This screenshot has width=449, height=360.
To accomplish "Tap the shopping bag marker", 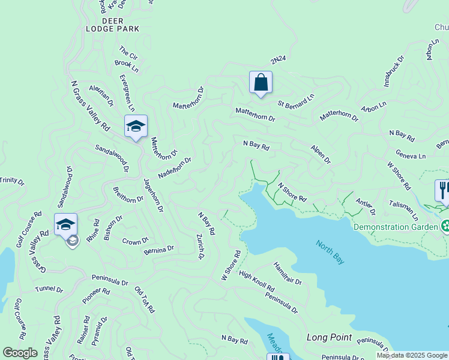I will [261, 83].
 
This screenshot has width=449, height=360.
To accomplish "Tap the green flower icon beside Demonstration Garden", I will [445, 227].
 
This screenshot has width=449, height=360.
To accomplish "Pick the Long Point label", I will [329, 337].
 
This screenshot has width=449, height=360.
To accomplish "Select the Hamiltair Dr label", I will [288, 273].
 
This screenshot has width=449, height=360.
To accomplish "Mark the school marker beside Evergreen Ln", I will [136, 127].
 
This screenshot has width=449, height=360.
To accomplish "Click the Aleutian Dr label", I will [101, 94].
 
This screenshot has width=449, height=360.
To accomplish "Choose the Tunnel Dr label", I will [49, 289].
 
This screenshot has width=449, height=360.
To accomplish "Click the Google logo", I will [20, 353].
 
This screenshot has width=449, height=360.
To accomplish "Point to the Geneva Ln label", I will [411, 155].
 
